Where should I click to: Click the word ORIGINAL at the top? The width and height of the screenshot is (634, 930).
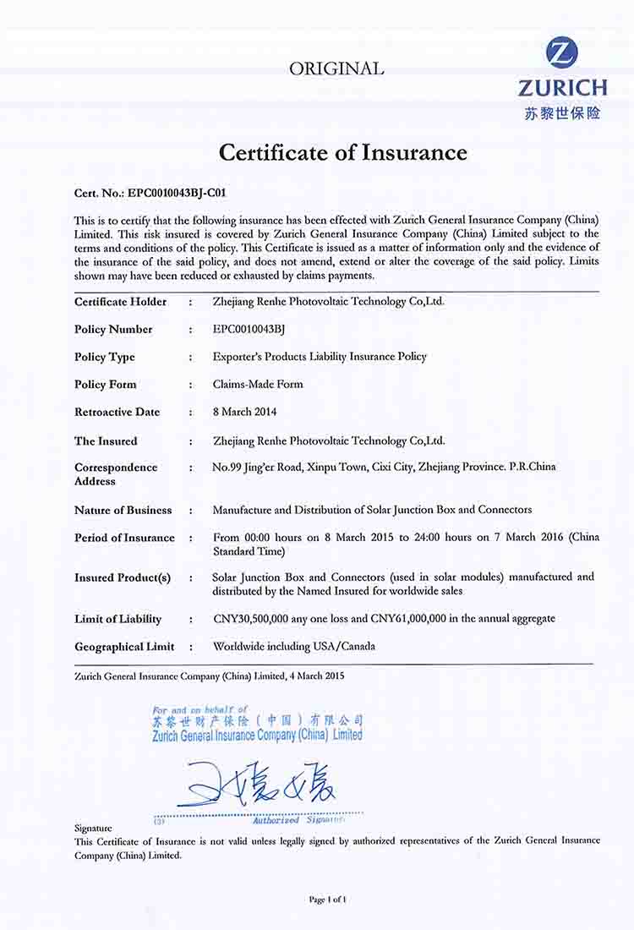[336, 69]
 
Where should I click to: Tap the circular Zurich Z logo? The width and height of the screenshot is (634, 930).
[562, 54]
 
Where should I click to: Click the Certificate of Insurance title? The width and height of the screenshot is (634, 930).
[342, 152]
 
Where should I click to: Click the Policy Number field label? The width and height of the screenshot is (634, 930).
[113, 330]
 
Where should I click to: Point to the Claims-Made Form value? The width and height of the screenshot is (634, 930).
[258, 384]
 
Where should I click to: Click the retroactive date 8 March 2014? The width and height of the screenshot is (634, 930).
[246, 412]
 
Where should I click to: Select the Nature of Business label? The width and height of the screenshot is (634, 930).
[123, 510]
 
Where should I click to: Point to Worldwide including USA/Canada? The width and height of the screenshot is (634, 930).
[294, 647]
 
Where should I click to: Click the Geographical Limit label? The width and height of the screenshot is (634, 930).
[124, 647]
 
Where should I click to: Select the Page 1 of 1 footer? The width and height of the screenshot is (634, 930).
[328, 900]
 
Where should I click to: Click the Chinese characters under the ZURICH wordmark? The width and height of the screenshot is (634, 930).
[562, 112]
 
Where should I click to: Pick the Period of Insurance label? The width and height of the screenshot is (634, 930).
[124, 538]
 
